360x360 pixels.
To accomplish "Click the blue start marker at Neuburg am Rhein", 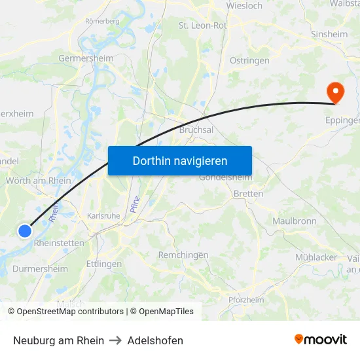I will pyautogui.click(x=25, y=230).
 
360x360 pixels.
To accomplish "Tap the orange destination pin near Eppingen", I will pyautogui.click(x=334, y=92).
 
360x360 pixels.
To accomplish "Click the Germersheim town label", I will pyautogui.click(x=86, y=58).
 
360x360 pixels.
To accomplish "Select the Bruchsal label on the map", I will pyautogui.click(x=196, y=130).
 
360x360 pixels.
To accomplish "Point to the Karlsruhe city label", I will pyautogui.click(x=103, y=215).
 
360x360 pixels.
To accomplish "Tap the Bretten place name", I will pyautogui.click(x=248, y=194).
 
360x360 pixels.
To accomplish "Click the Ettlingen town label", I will pyautogui.click(x=103, y=264).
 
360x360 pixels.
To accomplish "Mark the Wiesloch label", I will pyautogui.click(x=244, y=6).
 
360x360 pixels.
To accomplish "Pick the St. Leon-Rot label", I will pyautogui.click(x=202, y=26).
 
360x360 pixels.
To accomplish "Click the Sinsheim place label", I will pyautogui.click(x=329, y=33).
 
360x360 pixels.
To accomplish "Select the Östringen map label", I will pyautogui.click(x=249, y=60).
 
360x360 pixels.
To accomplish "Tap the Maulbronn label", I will pyautogui.click(x=294, y=221).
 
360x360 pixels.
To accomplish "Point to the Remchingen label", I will pyautogui.click(x=183, y=255).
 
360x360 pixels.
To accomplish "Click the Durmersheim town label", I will pyautogui.click(x=40, y=268).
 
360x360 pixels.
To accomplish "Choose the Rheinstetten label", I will pyautogui.click(x=58, y=243).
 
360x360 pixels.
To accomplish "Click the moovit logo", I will pyautogui.click(x=320, y=339).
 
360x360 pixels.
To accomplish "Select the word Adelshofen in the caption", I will pyautogui.click(x=155, y=340).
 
